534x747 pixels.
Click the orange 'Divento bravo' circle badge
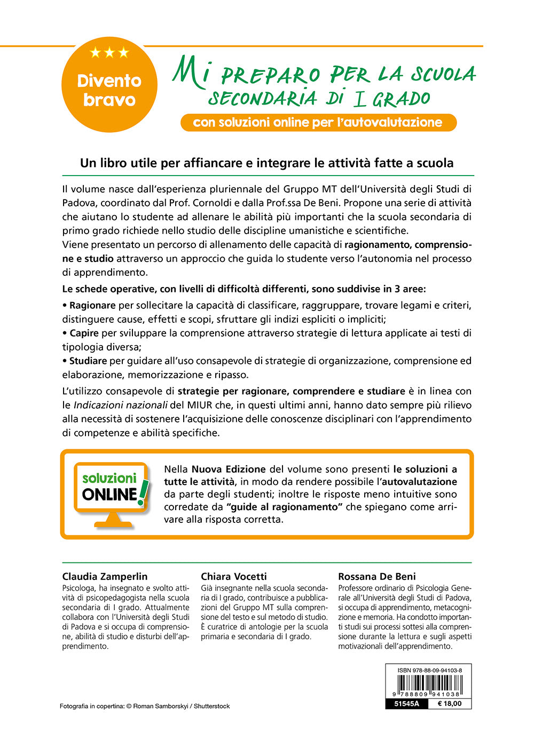pos(109,85)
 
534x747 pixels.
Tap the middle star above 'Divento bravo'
pos(109,52)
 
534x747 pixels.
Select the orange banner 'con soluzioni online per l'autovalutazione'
pos(318,122)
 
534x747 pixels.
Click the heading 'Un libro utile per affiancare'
pos(266,163)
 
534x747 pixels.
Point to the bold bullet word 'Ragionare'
pos(92,305)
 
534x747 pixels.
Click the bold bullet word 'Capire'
pos(84,333)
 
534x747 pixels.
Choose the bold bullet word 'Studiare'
pos(88,361)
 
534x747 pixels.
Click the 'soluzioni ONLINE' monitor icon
pos(112,494)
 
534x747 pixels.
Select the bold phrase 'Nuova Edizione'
pos(229,469)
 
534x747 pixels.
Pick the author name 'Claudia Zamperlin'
pos(105,576)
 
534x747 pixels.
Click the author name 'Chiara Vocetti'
pos(233,576)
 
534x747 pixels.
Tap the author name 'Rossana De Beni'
pos(377,576)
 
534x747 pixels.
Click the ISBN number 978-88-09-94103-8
pos(429,670)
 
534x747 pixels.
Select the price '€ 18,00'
pos(450,704)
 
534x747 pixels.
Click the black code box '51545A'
pos(406,704)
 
